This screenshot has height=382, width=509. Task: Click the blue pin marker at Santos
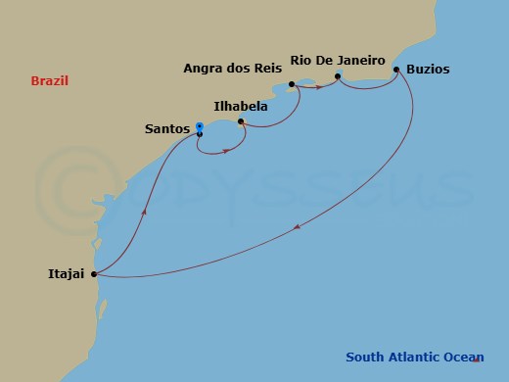[x=199, y=126]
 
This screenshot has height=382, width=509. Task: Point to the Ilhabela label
[x=242, y=105]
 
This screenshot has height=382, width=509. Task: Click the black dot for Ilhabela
[x=241, y=122]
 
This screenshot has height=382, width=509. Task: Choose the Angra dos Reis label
[x=233, y=69]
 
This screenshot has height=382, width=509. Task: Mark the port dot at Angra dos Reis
[x=293, y=84]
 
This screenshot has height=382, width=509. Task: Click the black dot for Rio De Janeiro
[x=338, y=76]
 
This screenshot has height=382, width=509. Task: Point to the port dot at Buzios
[x=396, y=70]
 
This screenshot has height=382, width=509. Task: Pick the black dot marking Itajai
[x=94, y=274]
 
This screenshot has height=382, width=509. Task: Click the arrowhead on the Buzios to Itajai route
[x=297, y=228]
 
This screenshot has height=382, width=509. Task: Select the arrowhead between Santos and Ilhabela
[x=227, y=151]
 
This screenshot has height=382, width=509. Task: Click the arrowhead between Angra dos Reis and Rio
[x=319, y=87]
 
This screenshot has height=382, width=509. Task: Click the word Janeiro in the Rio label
[x=361, y=59]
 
